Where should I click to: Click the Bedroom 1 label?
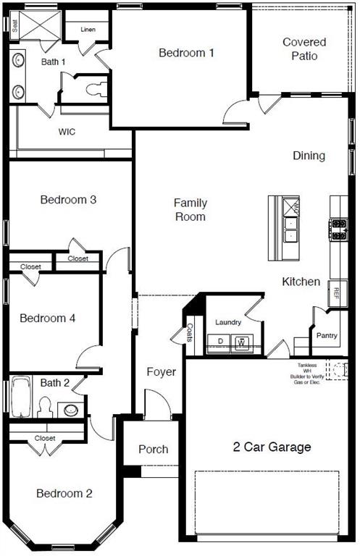pos(187,53)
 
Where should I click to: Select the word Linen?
pos(88,30)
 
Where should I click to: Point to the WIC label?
pos(67,132)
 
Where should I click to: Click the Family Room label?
pos(190,210)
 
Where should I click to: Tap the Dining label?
pos(309,156)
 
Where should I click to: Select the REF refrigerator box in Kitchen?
pos(335,292)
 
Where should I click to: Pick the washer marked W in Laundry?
pos(243,342)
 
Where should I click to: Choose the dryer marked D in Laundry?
pos(220,342)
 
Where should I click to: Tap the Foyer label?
pos(161,372)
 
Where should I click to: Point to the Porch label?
pos(153,449)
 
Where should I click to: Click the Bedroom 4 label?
pos(48,318)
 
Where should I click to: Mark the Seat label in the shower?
pos(14,24)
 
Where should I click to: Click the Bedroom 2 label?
pos(64,494)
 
